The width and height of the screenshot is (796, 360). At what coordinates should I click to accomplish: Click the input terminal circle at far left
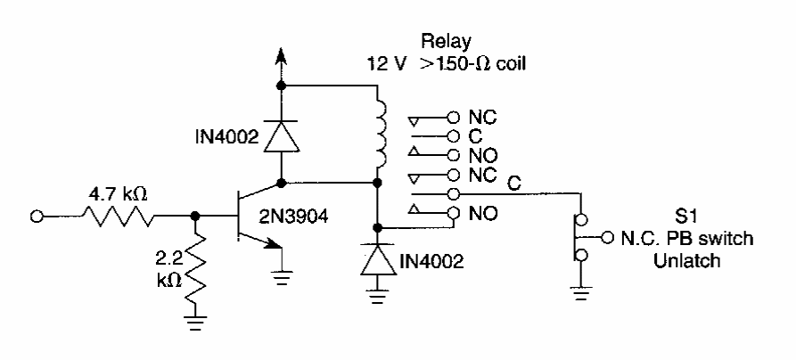(38, 216)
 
